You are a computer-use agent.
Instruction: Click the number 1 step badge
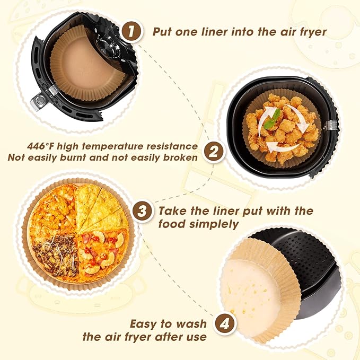(131, 31)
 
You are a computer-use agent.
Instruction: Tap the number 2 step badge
(214, 152)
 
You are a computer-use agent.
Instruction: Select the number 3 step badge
(142, 211)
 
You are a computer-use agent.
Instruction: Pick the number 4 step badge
(225, 324)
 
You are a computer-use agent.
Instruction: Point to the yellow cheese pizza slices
(101, 207)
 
